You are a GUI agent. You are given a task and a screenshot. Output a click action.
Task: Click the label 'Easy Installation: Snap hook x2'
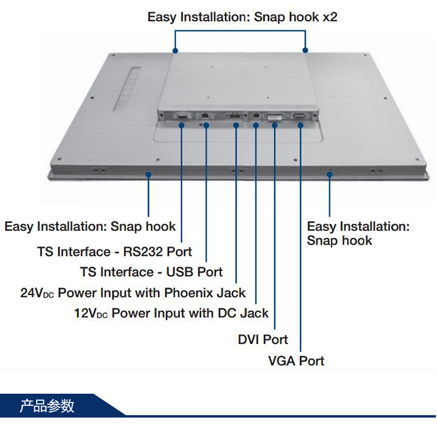point(242,17)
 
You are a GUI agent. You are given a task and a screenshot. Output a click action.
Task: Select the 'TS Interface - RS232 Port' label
point(115,252)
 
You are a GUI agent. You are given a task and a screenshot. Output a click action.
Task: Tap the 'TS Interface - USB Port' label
point(151,272)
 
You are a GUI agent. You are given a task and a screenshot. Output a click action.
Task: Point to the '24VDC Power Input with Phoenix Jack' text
point(133,293)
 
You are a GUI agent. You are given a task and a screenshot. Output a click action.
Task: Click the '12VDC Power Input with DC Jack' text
point(171,313)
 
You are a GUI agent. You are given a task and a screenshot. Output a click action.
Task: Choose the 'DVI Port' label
point(263,340)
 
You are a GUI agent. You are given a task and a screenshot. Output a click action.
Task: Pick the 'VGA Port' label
point(296,361)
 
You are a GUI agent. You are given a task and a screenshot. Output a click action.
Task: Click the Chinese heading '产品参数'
point(47,405)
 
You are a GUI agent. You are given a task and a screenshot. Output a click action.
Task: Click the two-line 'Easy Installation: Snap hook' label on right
point(358,233)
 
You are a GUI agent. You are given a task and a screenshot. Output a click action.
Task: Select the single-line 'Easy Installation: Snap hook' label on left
point(90,226)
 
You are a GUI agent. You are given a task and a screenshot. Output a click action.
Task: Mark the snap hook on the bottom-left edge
point(149,173)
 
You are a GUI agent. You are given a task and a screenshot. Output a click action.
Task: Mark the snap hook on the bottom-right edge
point(329,173)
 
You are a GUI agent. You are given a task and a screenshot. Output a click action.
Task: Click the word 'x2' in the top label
point(330,17)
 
